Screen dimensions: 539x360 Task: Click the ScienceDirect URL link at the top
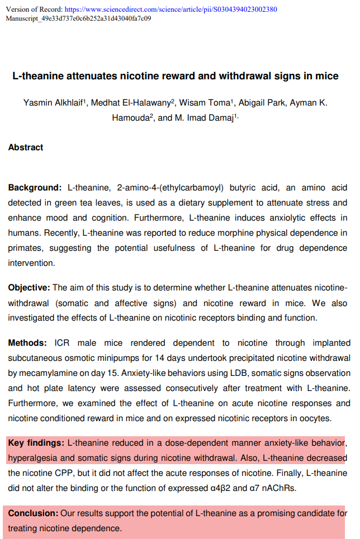tap(170, 9)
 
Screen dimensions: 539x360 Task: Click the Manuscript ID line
tap(78, 18)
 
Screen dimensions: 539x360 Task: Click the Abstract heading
tap(26, 147)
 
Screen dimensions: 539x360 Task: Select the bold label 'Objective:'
tap(29, 288)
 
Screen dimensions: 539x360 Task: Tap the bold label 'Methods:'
tap(27, 343)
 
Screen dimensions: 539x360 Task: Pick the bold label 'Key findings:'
tap(36, 443)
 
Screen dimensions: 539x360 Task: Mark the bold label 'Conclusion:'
tap(33, 513)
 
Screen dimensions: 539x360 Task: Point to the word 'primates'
tap(25, 248)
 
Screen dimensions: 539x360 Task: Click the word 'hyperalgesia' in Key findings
tap(33, 458)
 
